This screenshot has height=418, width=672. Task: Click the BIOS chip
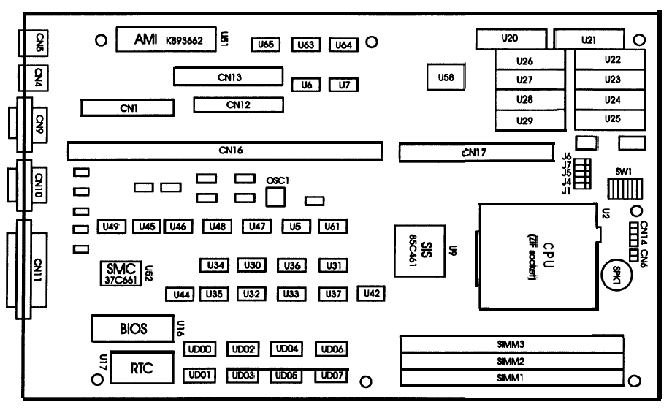[x=134, y=329]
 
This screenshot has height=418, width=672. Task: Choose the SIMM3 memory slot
[x=511, y=344]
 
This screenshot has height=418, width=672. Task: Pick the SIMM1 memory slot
[x=511, y=378]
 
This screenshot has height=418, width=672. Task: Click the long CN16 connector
[x=224, y=151]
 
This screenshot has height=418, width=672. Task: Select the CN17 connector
[x=476, y=153]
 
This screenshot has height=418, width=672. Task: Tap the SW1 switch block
[x=623, y=190]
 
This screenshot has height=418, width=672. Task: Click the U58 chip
[x=440, y=77]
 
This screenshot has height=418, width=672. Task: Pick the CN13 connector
[x=228, y=76]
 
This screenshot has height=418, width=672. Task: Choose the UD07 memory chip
[x=331, y=376]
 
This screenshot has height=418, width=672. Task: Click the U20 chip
[x=511, y=38]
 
